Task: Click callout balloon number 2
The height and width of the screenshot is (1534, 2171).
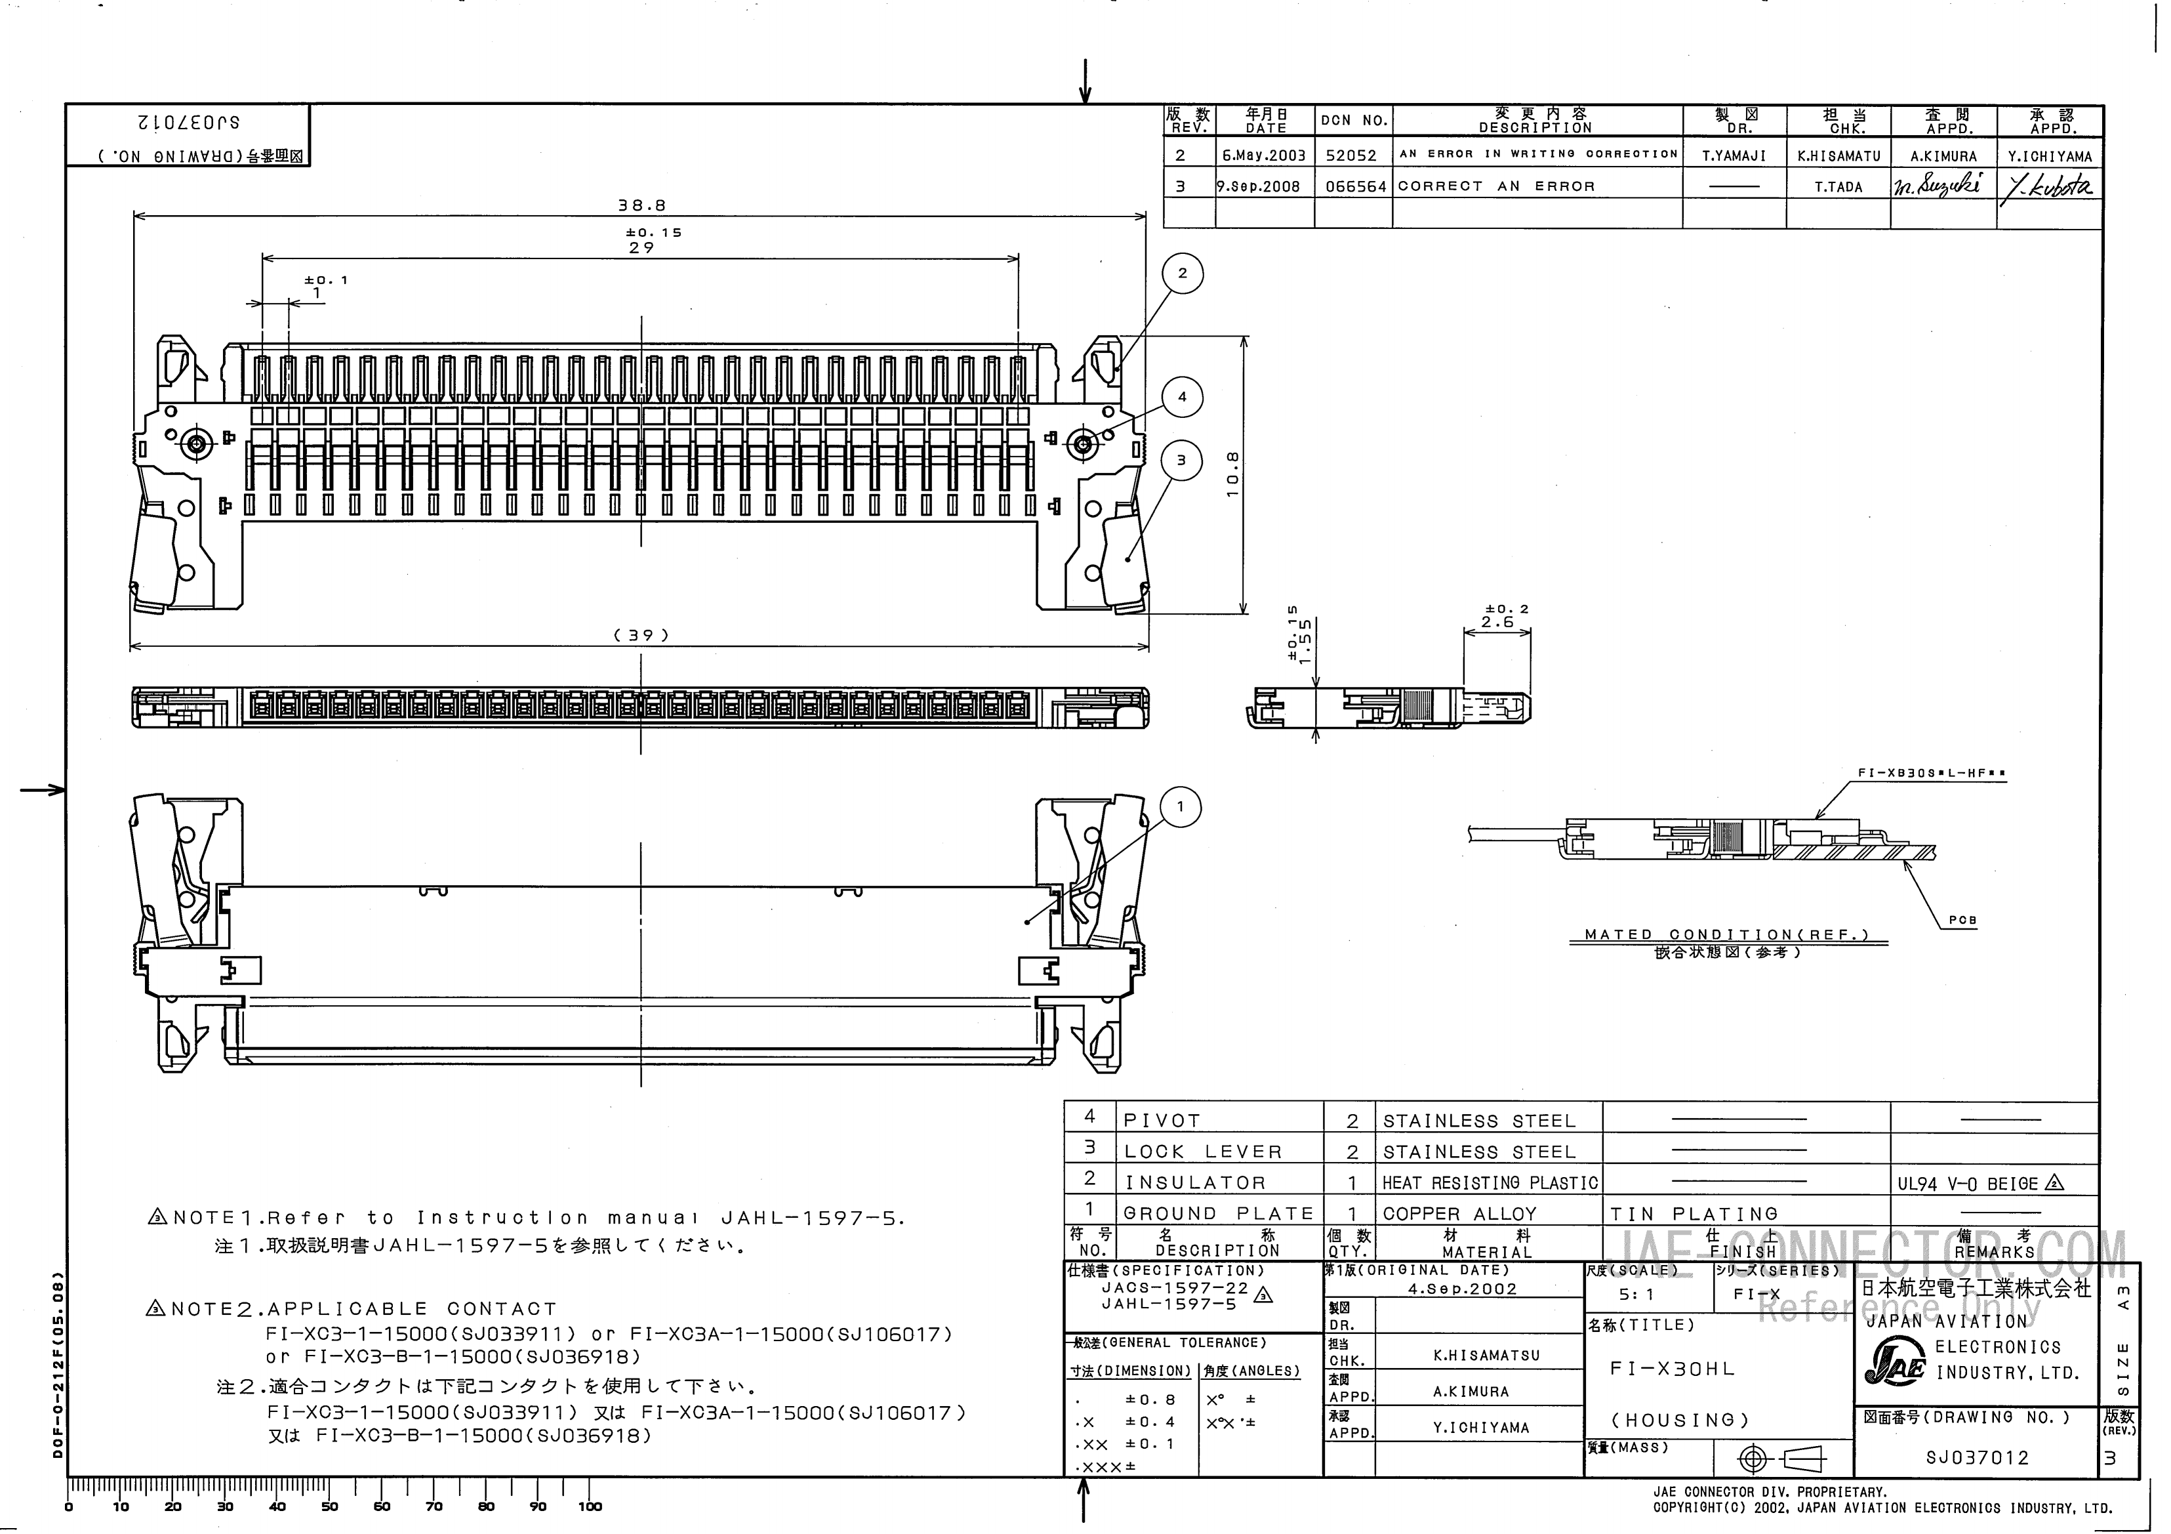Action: pos(1182,274)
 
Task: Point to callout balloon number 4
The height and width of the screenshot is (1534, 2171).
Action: pos(1182,397)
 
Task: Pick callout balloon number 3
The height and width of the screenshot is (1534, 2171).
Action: pos(1181,461)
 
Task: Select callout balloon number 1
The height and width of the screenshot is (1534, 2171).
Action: pos(1180,807)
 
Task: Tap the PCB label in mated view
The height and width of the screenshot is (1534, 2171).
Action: pos(1962,919)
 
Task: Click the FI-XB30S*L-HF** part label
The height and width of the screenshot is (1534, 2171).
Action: pos(1932,774)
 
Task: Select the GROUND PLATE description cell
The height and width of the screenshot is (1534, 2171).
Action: pos(1218,1213)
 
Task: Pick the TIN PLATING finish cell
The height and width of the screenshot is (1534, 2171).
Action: pos(1694,1213)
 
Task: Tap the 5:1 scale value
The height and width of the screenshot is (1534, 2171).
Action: pos(1636,1294)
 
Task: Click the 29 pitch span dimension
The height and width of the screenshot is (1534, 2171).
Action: pos(641,248)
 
